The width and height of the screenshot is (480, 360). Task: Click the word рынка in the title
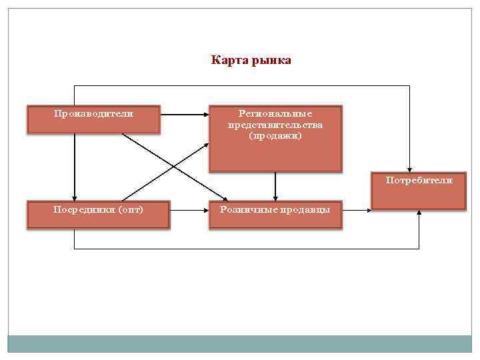(x=271, y=61)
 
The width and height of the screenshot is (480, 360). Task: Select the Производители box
(x=93, y=119)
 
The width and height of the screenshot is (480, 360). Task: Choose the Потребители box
(x=418, y=192)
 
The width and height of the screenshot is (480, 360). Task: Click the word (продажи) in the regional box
(x=275, y=135)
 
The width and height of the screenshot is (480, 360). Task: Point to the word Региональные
(x=275, y=114)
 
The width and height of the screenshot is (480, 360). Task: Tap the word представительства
(x=275, y=125)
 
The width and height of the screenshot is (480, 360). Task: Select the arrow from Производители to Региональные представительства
(x=185, y=114)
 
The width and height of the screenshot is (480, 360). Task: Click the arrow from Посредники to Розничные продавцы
(x=189, y=210)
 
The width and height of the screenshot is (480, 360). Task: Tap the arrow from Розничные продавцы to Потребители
(x=356, y=210)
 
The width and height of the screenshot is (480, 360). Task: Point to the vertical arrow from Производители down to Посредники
(x=74, y=167)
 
